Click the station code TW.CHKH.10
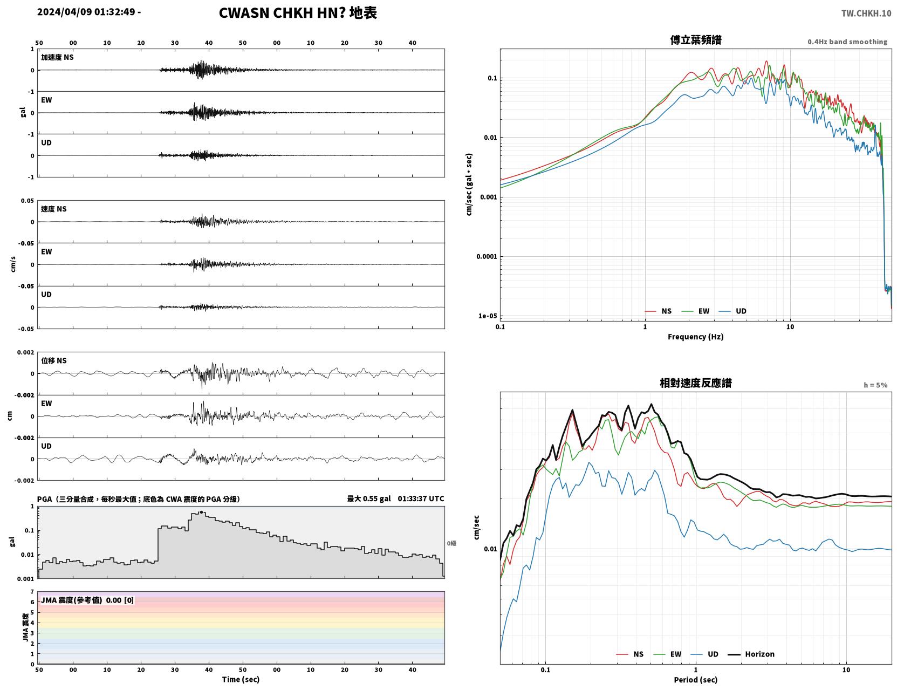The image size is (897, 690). click(x=866, y=13)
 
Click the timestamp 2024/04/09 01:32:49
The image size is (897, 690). click(x=86, y=12)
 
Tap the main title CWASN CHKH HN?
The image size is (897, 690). click(x=283, y=13)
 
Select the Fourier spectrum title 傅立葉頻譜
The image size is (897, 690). click(x=695, y=40)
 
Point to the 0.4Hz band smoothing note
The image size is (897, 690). click(x=847, y=42)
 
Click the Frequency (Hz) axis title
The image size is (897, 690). click(x=695, y=337)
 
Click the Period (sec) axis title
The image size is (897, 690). click(x=695, y=679)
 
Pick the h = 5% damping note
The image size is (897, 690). click(x=875, y=385)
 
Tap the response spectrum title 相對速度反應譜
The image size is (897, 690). click(x=695, y=383)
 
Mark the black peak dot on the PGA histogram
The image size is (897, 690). click(x=201, y=512)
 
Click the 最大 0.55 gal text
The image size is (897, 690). click(x=368, y=498)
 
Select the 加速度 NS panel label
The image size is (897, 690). click(x=57, y=57)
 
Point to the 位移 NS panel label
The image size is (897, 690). click(x=53, y=361)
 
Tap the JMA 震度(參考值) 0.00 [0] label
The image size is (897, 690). click(x=87, y=600)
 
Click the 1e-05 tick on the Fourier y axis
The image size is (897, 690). click(x=488, y=316)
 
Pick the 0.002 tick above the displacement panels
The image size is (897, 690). click(x=25, y=352)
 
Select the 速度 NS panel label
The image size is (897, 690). click(x=53, y=209)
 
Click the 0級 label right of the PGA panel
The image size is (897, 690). click(x=451, y=543)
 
